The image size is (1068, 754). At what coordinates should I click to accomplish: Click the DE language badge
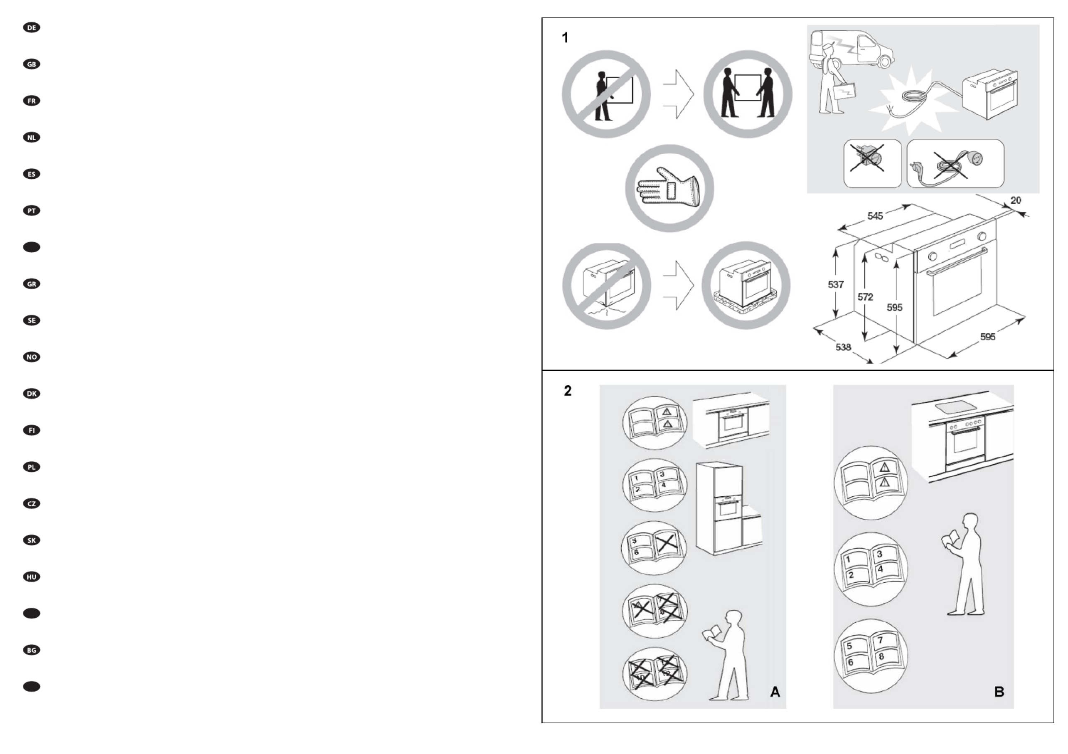tap(32, 28)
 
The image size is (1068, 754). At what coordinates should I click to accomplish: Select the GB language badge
tap(32, 64)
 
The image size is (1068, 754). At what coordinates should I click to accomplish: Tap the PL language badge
tap(32, 467)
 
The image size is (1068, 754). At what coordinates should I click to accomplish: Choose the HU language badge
tap(32, 577)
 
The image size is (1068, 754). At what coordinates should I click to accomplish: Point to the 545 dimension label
tap(875, 216)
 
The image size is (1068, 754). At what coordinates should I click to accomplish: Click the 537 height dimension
tap(835, 284)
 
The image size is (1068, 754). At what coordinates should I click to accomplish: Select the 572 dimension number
tap(865, 297)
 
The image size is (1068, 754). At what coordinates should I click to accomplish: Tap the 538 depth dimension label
tap(843, 347)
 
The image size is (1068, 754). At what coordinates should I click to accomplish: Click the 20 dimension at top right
tap(1016, 200)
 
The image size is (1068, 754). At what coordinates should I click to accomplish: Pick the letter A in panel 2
tap(775, 692)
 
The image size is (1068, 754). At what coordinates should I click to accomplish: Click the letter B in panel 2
tap(999, 692)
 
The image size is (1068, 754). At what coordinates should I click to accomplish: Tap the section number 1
tap(565, 38)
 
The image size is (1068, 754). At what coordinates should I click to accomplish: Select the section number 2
tap(568, 391)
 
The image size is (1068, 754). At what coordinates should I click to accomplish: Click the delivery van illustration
tap(856, 49)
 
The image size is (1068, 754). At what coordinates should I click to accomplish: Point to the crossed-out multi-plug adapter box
tap(872, 163)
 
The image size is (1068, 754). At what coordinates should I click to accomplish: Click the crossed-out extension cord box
tap(955, 163)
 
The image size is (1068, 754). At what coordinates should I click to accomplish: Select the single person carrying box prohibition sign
tap(605, 94)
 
